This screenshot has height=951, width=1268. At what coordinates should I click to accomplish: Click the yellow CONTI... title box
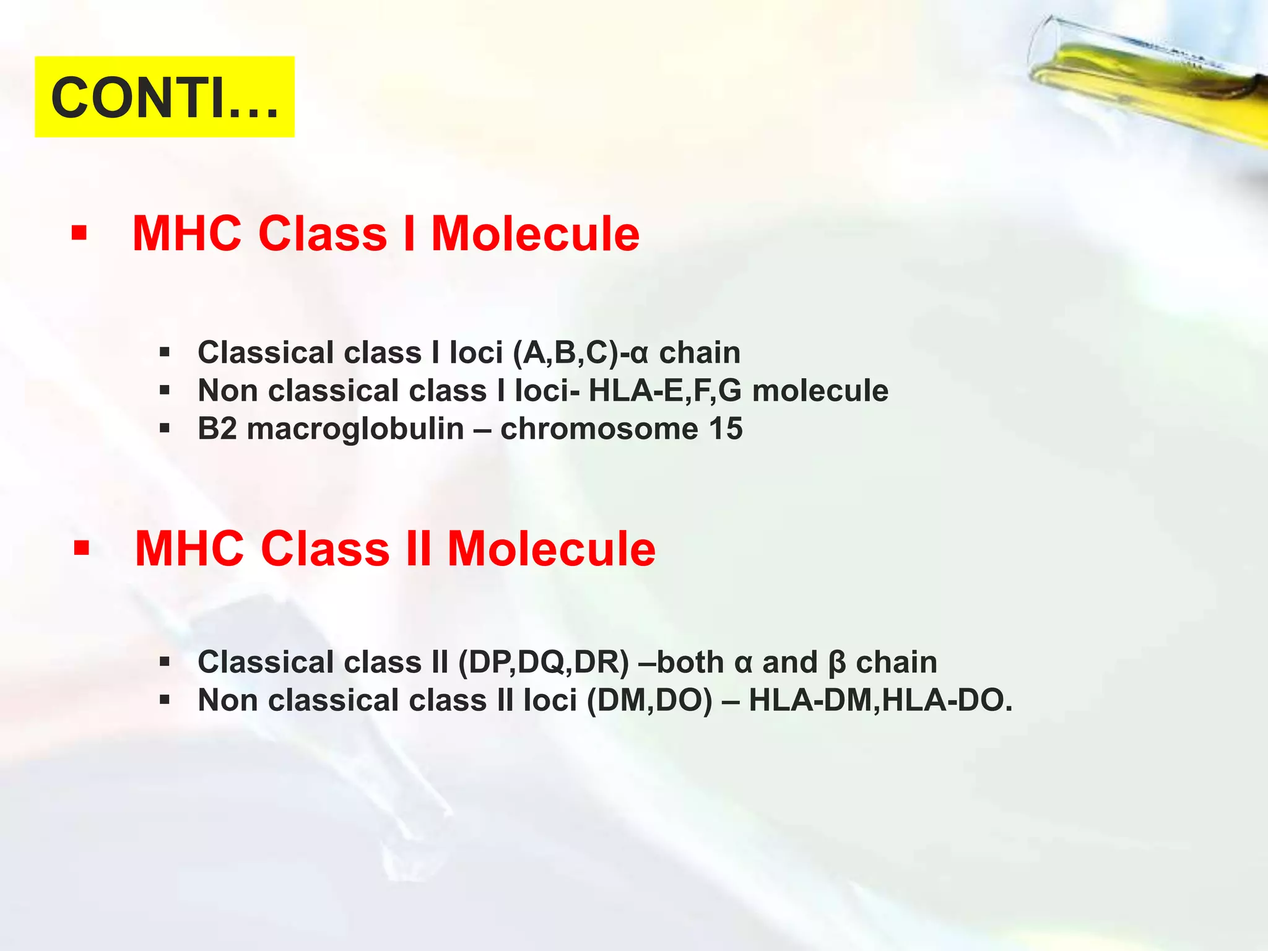tap(164, 97)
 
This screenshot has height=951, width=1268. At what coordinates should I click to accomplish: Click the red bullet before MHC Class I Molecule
tap(79, 234)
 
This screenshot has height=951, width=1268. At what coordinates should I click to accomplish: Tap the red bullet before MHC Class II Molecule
tap(81, 549)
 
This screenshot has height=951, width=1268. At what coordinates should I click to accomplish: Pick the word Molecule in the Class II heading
tap(551, 549)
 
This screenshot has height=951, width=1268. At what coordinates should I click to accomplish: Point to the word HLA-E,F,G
tap(664, 391)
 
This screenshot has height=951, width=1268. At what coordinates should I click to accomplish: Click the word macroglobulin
tap(355, 429)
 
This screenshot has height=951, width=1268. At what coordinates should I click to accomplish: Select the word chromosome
tap(599, 429)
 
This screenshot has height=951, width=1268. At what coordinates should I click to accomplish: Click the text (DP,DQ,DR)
tap(544, 662)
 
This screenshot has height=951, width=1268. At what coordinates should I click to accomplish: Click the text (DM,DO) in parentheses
tap(649, 701)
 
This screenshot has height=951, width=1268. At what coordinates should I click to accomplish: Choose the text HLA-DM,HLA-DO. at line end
tap(880, 701)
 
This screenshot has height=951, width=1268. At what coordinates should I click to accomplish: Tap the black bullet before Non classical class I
tap(164, 391)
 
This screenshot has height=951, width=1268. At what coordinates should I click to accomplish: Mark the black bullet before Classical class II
tap(164, 662)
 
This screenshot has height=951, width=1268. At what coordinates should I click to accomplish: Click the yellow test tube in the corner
tap(1152, 80)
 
